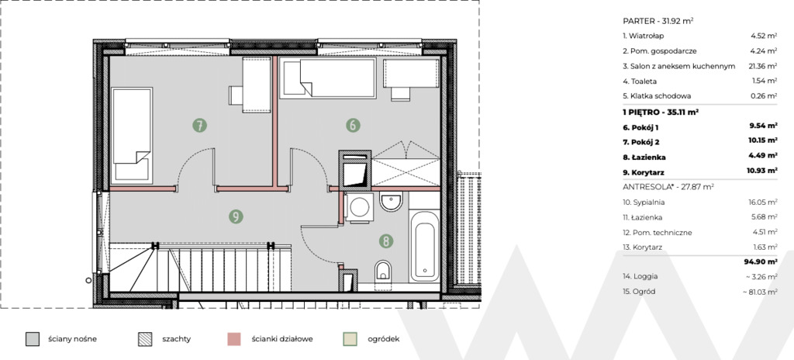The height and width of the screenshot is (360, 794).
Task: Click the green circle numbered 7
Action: [x=199, y=125]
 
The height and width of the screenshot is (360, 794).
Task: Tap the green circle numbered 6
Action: [x=353, y=125]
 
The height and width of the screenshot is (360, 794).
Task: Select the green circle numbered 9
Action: [x=236, y=216]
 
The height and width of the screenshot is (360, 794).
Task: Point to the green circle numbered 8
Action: [x=386, y=241]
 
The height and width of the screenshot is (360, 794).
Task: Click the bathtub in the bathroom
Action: [x=424, y=246]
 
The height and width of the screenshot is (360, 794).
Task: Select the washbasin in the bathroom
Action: [x=391, y=202]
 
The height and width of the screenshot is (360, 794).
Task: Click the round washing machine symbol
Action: [x=360, y=207]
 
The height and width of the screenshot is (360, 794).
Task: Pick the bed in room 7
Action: [x=132, y=135]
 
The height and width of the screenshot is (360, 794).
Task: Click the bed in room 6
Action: [x=328, y=78]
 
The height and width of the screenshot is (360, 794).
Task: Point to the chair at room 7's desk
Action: [x=236, y=95]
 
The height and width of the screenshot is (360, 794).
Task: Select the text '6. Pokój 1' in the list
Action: [x=640, y=127]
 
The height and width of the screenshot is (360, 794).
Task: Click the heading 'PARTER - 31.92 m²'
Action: [x=658, y=21]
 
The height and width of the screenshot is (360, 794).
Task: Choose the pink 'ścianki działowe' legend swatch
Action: [x=233, y=339]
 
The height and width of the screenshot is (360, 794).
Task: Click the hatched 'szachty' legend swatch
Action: [x=145, y=339]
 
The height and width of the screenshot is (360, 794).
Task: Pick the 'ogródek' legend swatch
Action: [x=350, y=339]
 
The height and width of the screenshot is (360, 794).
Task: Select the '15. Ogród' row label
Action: [x=639, y=292]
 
